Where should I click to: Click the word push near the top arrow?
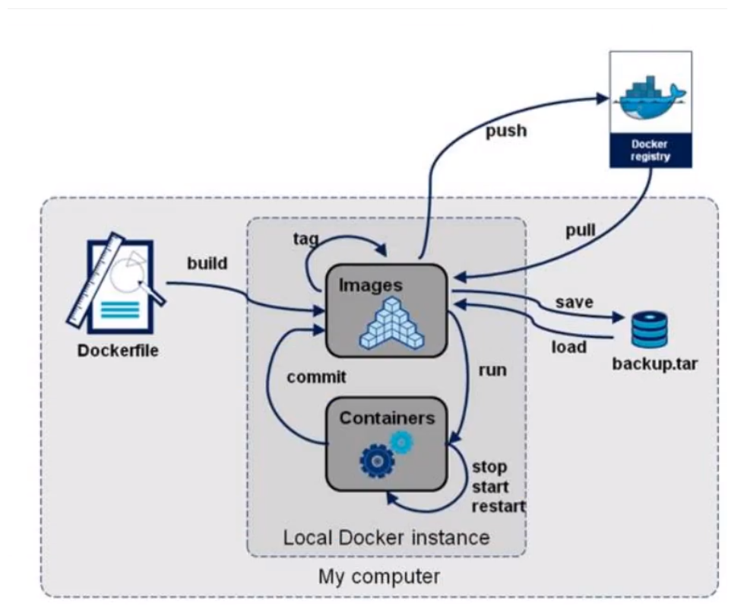[x=505, y=131]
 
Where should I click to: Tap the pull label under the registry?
[x=580, y=231]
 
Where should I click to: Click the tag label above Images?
[x=305, y=239]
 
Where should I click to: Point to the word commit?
[x=316, y=376]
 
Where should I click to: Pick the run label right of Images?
[x=492, y=370]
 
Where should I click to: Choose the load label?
[x=568, y=348]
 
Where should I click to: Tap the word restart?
[x=499, y=506]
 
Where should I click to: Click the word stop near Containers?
[x=489, y=466]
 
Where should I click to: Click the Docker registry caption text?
[x=650, y=150]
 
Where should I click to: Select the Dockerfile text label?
[x=118, y=351]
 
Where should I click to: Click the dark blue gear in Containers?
[x=375, y=460]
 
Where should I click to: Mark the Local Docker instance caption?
[x=386, y=538]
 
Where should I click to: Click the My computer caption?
[x=378, y=576]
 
